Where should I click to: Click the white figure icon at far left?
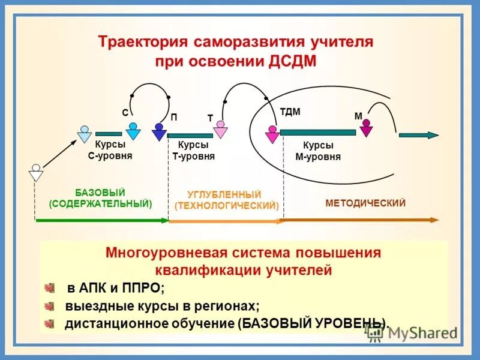36,173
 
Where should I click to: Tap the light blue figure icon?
85,133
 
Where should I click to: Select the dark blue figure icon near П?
159,131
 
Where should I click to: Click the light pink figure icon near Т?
221,129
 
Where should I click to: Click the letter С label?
125,112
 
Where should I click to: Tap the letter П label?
173,118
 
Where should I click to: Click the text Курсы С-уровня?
110,150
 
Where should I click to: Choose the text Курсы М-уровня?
318,151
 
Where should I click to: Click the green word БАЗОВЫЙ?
100,192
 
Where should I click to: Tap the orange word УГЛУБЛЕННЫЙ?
224,194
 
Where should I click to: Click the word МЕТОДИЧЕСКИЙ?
365,203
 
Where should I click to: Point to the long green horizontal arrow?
102,221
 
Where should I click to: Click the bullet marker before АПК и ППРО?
50,288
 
